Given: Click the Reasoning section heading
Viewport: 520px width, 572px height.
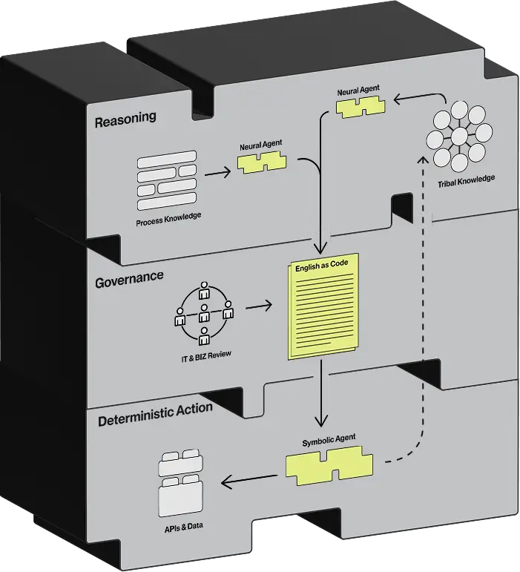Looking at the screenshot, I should [125, 119].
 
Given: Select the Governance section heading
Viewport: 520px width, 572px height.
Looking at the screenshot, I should [129, 280].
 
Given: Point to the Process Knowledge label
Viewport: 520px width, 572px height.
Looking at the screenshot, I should [168, 219].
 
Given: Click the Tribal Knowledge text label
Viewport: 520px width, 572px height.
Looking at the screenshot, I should [466, 180].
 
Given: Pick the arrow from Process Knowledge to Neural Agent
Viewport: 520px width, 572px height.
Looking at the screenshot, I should [217, 172].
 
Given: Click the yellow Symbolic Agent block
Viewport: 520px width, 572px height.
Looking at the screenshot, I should [329, 466].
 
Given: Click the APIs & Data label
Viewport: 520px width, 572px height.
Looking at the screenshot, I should [183, 527].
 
